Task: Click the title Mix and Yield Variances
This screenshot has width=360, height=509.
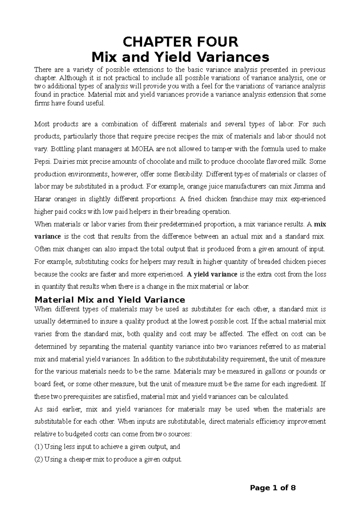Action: tap(180, 57)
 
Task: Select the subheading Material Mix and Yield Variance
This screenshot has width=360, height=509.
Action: tap(110, 300)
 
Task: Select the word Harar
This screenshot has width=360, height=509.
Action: tap(42, 199)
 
